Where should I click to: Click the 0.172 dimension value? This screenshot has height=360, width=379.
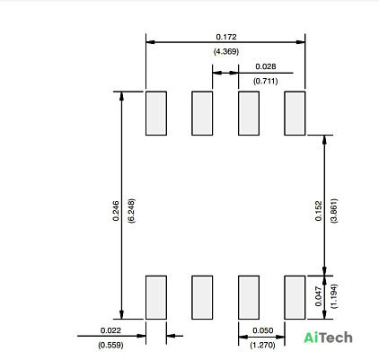pyautogui.click(x=226, y=37)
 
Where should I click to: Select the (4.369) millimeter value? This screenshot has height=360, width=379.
pyautogui.click(x=226, y=51)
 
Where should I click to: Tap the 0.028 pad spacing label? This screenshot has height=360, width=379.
pyautogui.click(x=266, y=66)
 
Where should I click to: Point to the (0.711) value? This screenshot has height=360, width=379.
pyautogui.click(x=266, y=81)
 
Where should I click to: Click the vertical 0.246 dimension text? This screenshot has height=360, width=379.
pyautogui.click(x=116, y=211)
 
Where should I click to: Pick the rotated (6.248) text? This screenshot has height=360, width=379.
pyautogui.click(x=131, y=211)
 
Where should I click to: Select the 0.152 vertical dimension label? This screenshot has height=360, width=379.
pyautogui.click(x=319, y=211)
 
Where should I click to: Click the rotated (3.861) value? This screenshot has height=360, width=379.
pyautogui.click(x=334, y=211)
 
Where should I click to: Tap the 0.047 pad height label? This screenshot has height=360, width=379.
pyautogui.click(x=319, y=296)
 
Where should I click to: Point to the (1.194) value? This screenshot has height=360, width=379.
pyautogui.click(x=334, y=296)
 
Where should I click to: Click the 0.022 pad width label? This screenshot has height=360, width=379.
pyautogui.click(x=110, y=330)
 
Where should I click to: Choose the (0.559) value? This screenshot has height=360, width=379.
pyautogui.click(x=110, y=345)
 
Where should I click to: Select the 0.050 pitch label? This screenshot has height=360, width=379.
pyautogui.click(x=263, y=330)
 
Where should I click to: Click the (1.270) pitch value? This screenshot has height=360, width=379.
pyautogui.click(x=262, y=345)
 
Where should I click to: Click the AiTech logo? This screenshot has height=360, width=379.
pyautogui.click(x=328, y=338)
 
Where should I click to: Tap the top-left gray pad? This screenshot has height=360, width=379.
pyautogui.click(x=156, y=113)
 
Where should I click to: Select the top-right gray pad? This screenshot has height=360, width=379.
pyautogui.click(x=295, y=113)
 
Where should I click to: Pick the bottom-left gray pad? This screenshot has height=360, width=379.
pyautogui.click(x=156, y=297)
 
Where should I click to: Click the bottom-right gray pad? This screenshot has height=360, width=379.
pyautogui.click(x=295, y=297)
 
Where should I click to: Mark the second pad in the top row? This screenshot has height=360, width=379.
pyautogui.click(x=202, y=113)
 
